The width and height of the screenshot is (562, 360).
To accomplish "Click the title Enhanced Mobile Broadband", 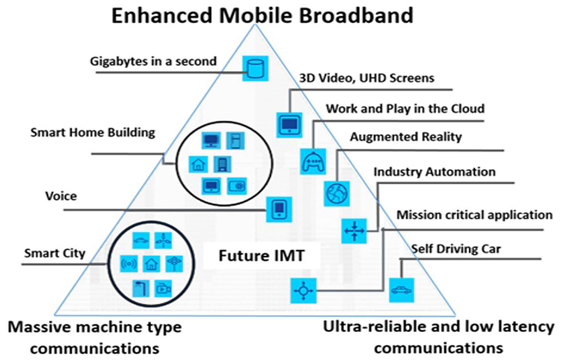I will [262, 15].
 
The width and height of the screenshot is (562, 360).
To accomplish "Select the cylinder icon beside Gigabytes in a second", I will [254, 67].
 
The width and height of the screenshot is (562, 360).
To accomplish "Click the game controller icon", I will [312, 161].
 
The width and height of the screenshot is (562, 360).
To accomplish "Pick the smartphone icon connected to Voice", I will [279, 208].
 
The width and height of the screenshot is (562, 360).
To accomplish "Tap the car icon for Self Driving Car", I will [400, 289].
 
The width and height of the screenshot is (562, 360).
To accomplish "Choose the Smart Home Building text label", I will [92, 132].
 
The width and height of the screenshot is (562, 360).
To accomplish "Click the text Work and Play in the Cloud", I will [405, 109].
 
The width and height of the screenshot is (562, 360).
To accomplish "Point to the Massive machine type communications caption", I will [94, 337].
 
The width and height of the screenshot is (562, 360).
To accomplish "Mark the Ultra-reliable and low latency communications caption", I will [438, 337].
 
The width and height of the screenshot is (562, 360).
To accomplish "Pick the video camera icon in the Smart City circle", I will [163, 288].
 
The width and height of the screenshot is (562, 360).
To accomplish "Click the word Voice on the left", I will [61, 196].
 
